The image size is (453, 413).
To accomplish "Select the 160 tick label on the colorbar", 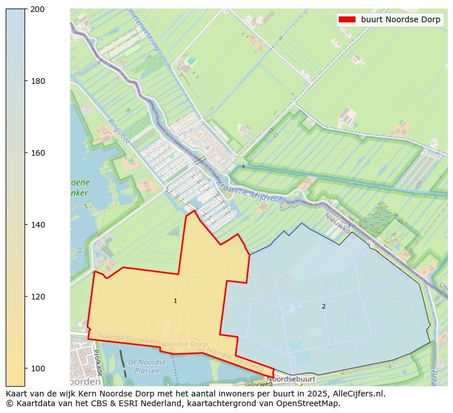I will [x=37, y=153].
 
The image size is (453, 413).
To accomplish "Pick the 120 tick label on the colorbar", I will [x=37, y=297].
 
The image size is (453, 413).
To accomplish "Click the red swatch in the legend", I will [x=347, y=19].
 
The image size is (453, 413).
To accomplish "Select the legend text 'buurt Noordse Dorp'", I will [x=401, y=19].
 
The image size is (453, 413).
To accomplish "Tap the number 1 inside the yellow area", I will [x=175, y=301].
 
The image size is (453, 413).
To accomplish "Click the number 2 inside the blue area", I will [x=323, y=306].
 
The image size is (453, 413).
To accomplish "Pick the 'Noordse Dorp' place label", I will [x=183, y=345].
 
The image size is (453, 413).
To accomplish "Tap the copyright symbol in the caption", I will [x=9, y=403].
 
